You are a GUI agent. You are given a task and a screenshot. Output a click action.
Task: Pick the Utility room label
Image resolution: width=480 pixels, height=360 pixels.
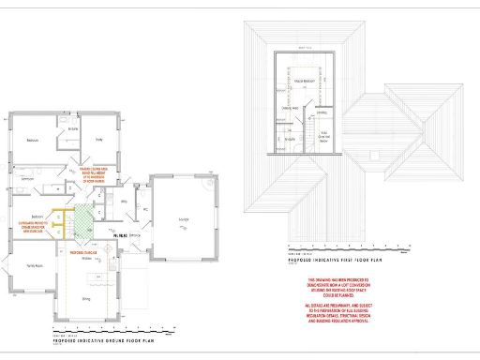point(123,202)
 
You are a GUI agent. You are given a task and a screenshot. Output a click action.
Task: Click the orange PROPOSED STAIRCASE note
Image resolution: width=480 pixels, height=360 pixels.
point(83,251)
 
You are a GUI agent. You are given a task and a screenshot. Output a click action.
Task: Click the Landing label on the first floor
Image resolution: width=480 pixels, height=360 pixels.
point(322,113)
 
